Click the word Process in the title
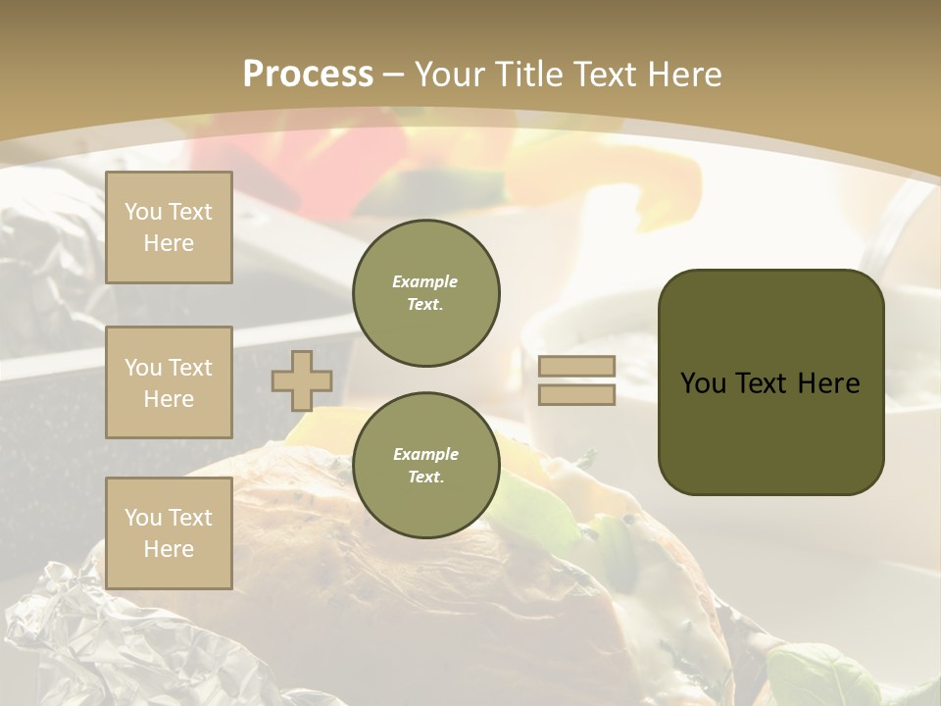point(308,75)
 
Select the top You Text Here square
point(169,227)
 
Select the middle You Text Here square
point(169,382)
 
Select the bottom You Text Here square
point(169,532)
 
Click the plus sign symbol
point(301,380)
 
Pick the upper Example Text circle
point(425,293)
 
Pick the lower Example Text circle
point(425,466)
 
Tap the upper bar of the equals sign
point(577,367)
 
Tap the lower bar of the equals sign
point(577,394)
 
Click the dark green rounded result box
point(770,431)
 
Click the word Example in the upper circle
point(425,281)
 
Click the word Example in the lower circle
point(425,454)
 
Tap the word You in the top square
point(143,212)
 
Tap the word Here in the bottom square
point(169,549)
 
